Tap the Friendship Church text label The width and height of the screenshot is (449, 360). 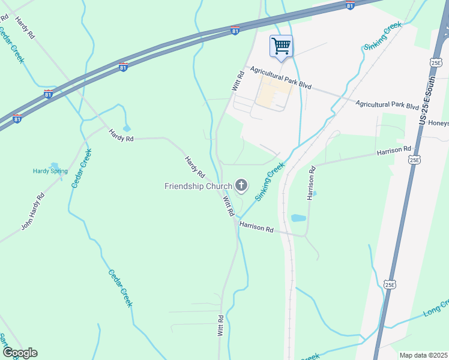(197, 186)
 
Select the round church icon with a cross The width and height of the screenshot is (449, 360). (241, 185)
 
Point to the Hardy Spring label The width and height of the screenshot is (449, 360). (50, 171)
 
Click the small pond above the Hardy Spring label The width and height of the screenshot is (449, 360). (54, 165)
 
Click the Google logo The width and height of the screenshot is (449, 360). (19, 353)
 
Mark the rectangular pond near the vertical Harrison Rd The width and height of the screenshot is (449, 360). (298, 218)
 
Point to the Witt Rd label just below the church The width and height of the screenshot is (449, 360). (229, 207)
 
